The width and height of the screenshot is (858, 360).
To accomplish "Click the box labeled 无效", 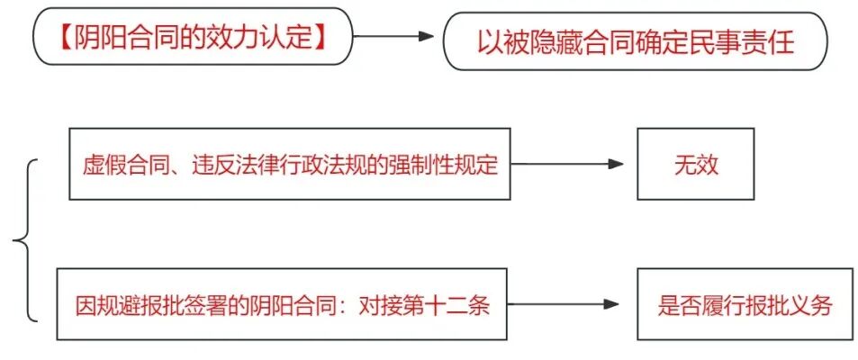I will tap(695, 164).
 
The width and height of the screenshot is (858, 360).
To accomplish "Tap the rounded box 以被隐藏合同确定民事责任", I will tap(635, 40).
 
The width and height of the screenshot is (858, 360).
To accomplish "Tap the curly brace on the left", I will tap(23, 240).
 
